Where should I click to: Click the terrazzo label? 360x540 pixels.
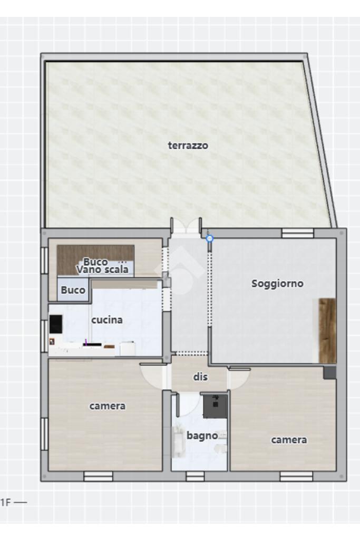pos(188,146)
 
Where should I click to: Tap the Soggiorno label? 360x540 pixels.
pos(277,283)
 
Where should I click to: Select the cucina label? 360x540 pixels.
pos(107,320)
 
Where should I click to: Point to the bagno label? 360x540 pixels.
pos(202,436)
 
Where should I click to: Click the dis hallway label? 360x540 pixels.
pos(200,377)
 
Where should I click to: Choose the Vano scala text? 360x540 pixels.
pos(102,269)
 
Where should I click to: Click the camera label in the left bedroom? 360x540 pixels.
pos(108,406)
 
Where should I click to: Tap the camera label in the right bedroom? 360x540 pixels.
pos(289,440)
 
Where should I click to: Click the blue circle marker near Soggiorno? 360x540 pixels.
pos(210,238)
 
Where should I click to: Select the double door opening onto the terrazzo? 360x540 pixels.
pos(186,228)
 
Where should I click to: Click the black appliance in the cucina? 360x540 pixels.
pos(56,324)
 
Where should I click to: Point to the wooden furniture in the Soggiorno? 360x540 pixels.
pos(327,331)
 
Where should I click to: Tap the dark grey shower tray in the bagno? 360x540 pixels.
pos(215,407)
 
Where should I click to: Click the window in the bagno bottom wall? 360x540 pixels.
pos(195,476)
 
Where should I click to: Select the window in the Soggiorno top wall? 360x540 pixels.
pos(298,233)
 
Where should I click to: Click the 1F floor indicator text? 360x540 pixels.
pos(6,503)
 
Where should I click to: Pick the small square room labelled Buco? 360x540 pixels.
pos(73,290)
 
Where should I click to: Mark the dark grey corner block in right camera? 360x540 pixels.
pos(329,373)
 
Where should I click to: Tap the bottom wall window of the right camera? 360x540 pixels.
pos(296,476)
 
